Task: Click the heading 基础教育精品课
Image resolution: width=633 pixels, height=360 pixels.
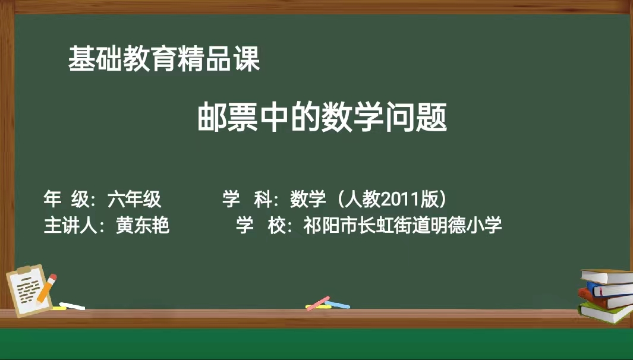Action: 164,59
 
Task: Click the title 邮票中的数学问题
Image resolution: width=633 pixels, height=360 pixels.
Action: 323,118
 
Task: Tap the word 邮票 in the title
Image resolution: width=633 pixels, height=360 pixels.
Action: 228,118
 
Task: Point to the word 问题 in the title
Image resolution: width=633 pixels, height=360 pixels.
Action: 417,118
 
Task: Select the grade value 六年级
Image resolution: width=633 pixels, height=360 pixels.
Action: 134,199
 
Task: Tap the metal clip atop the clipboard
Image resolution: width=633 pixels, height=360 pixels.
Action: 24,270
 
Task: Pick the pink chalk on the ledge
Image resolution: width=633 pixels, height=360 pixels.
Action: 318,304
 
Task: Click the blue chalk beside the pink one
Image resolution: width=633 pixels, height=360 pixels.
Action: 338,305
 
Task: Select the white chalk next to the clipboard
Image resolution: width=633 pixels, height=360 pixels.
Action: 73,307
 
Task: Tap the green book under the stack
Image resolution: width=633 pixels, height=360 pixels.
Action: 606,312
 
